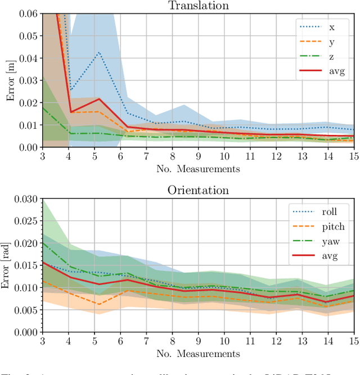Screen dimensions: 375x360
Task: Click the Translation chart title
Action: (198, 5)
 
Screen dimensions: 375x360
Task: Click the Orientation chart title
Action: (198, 190)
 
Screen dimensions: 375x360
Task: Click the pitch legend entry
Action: (334, 227)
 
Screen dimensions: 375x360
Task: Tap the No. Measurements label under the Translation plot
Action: (198, 168)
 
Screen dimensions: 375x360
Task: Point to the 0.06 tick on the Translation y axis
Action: (28, 13)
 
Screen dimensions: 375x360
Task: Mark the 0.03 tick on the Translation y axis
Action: (28, 80)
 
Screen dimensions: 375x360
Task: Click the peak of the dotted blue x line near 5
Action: (98, 52)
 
